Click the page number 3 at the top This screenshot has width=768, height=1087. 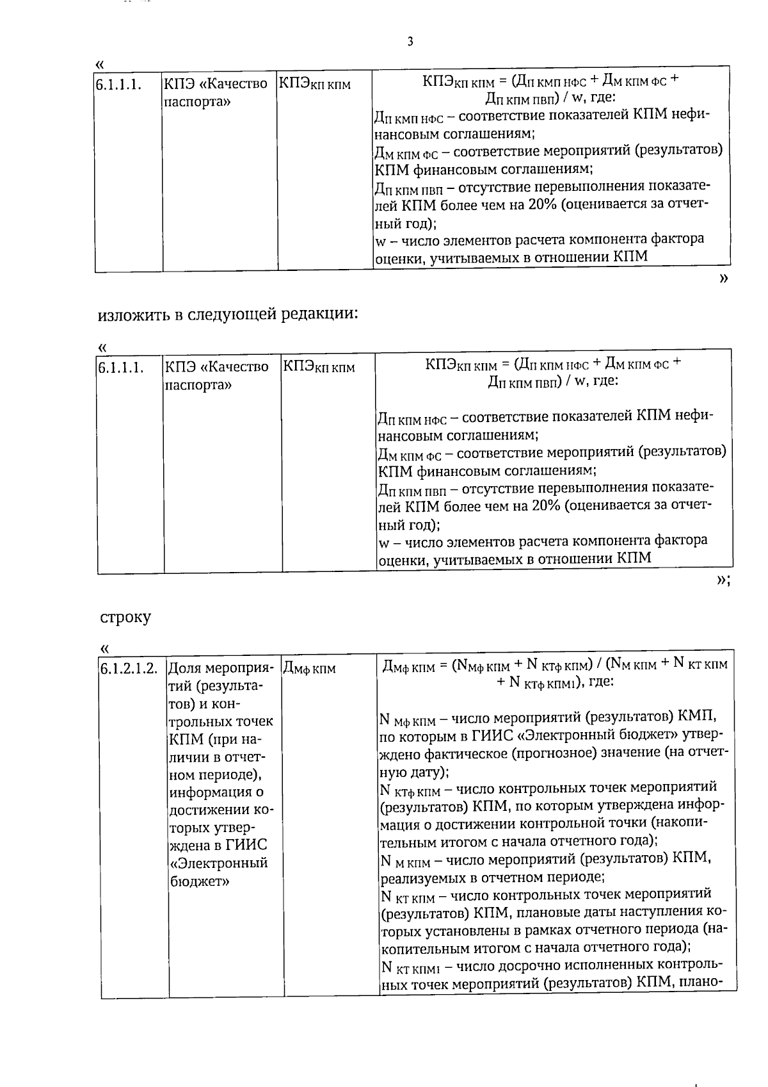pyautogui.click(x=410, y=42)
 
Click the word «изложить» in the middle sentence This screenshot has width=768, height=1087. pyautogui.click(x=135, y=315)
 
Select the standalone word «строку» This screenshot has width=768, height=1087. pyautogui.click(x=125, y=617)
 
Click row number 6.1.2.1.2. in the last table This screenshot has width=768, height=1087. pyautogui.click(x=129, y=668)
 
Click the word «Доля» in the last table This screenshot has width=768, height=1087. pyautogui.click(x=185, y=668)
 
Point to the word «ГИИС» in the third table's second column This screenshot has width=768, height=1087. pyautogui.click(x=246, y=845)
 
